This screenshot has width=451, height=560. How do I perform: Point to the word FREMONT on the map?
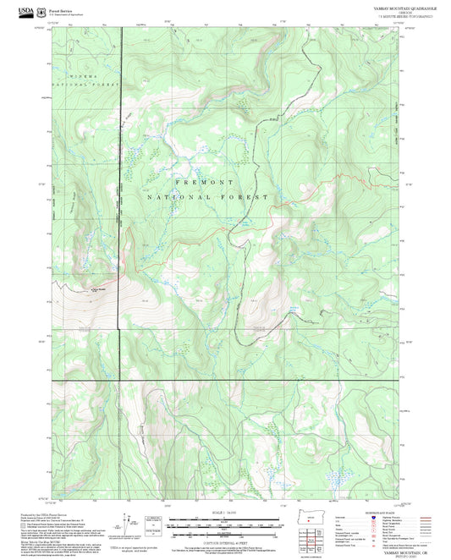click(203, 182)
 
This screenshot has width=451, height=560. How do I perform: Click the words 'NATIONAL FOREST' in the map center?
click(207, 196)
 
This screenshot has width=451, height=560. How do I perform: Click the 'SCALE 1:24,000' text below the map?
click(223, 513)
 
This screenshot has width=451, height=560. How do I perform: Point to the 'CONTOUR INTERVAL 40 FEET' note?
click(223, 539)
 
